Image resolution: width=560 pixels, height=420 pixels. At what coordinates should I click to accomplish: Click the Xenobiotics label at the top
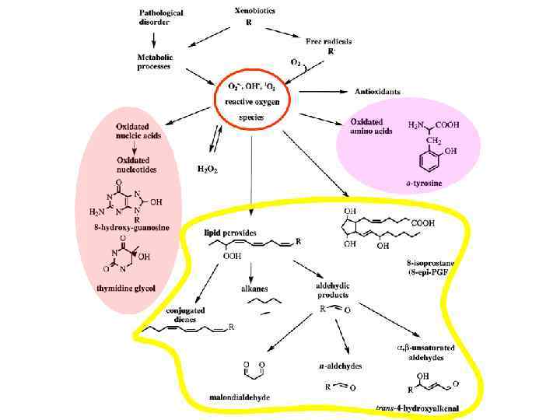click(x=254, y=12)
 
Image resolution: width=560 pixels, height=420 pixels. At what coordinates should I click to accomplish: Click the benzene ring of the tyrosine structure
click(x=425, y=161)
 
